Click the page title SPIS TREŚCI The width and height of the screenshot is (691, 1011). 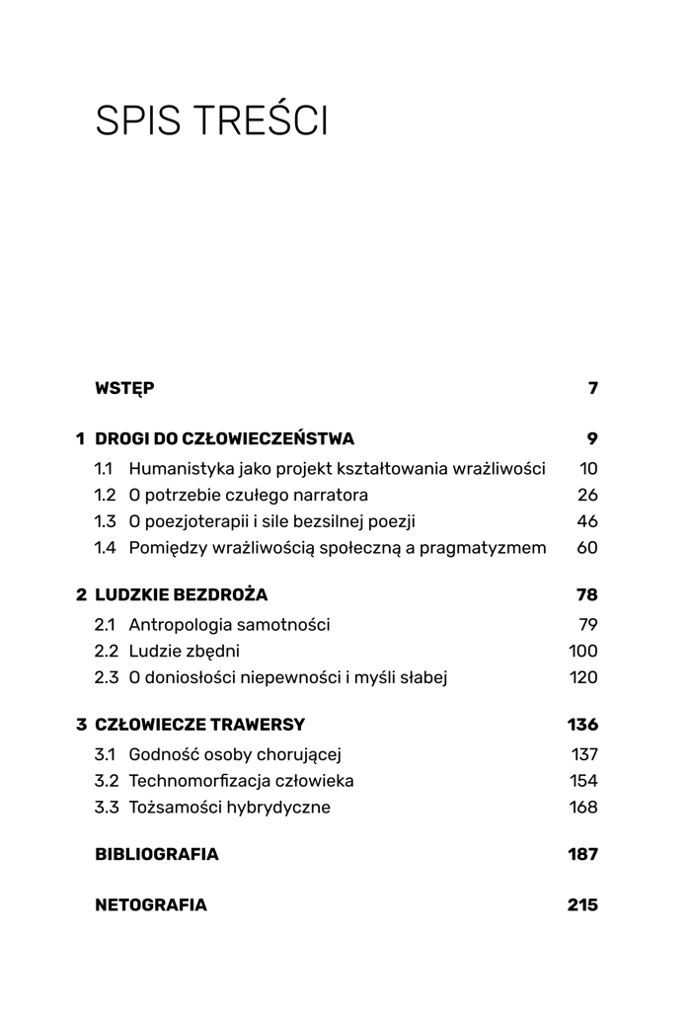point(211,121)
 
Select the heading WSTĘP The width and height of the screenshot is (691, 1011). point(124,389)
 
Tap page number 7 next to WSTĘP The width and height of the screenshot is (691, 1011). point(592,389)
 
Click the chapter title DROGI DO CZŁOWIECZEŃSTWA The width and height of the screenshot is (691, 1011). point(224,439)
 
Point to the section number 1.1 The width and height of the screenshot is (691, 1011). point(104,469)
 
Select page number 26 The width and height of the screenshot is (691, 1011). point(587,496)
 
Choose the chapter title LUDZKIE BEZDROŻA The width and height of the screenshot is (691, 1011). point(181,595)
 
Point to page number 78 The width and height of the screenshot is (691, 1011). point(586,595)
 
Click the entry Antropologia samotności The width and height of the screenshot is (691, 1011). point(229,625)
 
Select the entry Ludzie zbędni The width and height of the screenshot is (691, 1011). point(184,652)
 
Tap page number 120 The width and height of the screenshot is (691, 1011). point(583,678)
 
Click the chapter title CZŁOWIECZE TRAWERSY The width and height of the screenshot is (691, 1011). point(199,725)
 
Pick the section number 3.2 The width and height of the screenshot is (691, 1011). point(106,781)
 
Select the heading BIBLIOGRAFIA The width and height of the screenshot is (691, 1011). point(156,855)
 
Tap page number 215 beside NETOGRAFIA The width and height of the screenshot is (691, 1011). point(582,905)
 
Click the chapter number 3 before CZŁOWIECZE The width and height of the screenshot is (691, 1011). point(82,725)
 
